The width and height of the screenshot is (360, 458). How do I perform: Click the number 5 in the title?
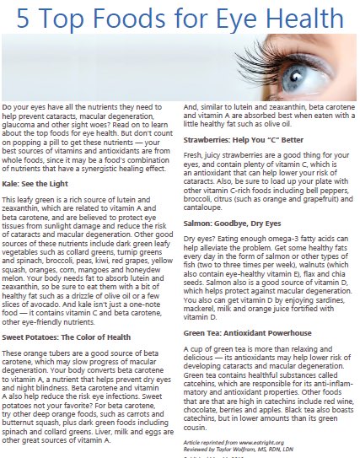[x=24, y=19]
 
